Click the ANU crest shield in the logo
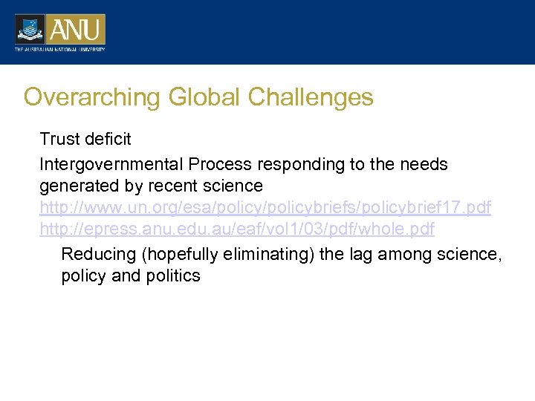[x=30, y=29]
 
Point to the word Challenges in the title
[x=311, y=97]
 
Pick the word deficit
[x=108, y=139]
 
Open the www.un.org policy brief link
[x=265, y=208]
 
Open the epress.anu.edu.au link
[x=237, y=230]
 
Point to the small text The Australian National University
[x=59, y=50]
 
